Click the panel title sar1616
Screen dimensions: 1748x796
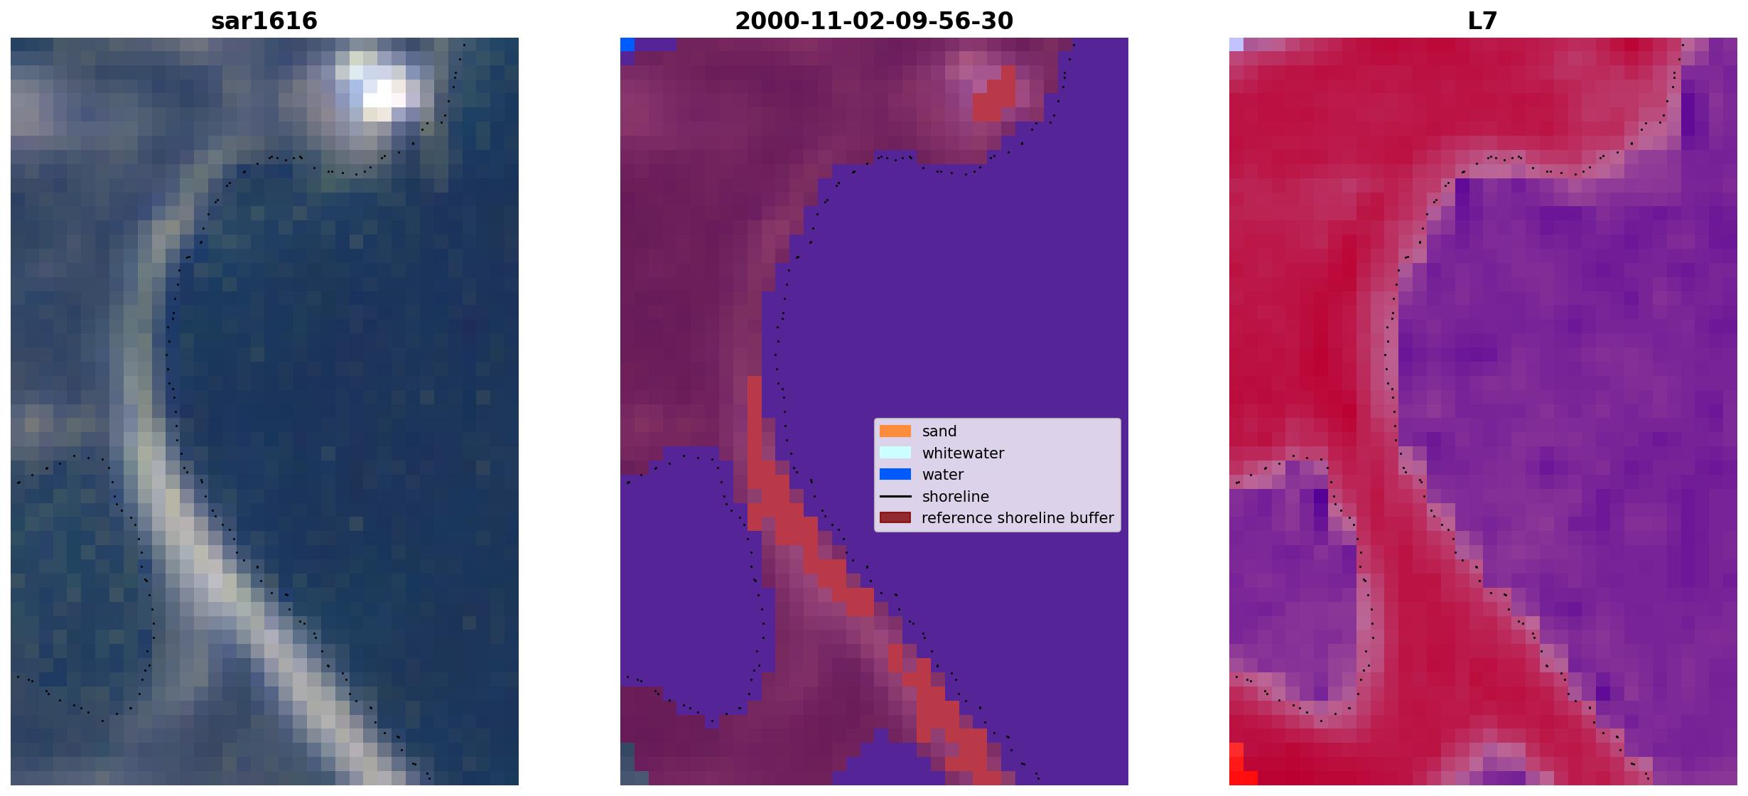pyautogui.click(x=264, y=21)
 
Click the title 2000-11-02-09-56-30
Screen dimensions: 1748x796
pyautogui.click(x=874, y=21)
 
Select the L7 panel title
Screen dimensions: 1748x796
pyautogui.click(x=1483, y=21)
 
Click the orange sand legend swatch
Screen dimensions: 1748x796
pyautogui.click(x=895, y=431)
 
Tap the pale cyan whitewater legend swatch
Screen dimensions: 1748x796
pyautogui.click(x=895, y=453)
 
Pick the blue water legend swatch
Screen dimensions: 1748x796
pyautogui.click(x=895, y=474)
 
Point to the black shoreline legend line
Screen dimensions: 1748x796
pyautogui.click(x=895, y=496)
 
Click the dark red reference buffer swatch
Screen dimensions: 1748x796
pyautogui.click(x=895, y=517)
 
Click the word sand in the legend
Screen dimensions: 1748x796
pyautogui.click(x=939, y=431)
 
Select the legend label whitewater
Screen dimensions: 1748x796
pyautogui.click(x=963, y=453)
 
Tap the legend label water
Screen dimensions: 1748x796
pyautogui.click(x=943, y=475)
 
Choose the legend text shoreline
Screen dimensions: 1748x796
pyautogui.click(x=955, y=497)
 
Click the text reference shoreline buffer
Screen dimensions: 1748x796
pyautogui.click(x=1018, y=518)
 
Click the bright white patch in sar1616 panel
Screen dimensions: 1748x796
pyautogui.click(x=384, y=92)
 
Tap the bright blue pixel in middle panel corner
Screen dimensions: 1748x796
pyautogui.click(x=627, y=44)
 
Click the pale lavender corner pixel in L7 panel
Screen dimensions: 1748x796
pyautogui.click(x=1236, y=44)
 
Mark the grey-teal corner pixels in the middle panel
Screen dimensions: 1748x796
pyautogui.click(x=627, y=764)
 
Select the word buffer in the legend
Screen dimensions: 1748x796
pyautogui.click(x=1089, y=518)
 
